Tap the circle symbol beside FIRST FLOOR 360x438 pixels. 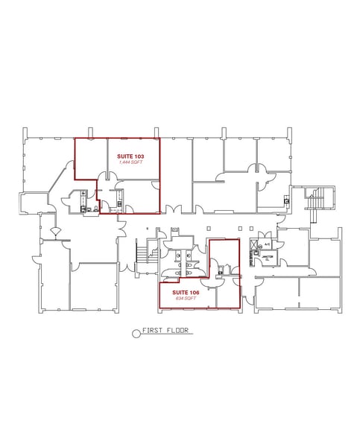pos(136,334)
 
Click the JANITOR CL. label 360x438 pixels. pos(266,258)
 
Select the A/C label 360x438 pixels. pos(266,244)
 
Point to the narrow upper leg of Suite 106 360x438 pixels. pos(224,253)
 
